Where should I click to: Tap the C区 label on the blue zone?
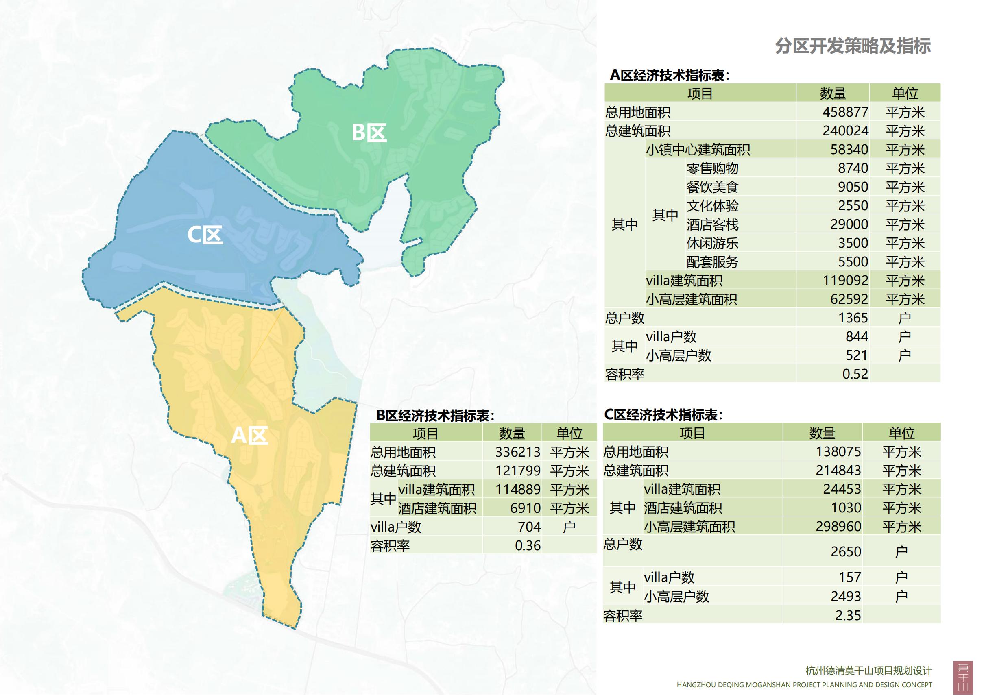click(205, 235)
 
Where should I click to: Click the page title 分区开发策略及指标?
click(853, 46)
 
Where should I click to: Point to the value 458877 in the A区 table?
click(845, 112)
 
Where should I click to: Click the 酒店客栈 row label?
click(712, 224)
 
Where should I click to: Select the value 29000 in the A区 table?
click(849, 224)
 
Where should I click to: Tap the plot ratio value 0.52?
click(855, 374)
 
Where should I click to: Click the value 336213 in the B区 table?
click(518, 452)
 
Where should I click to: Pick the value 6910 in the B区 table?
click(525, 508)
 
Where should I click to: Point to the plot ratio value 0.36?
click(528, 545)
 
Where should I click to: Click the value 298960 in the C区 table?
click(838, 527)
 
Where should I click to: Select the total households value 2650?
click(846, 551)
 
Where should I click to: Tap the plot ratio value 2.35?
click(848, 616)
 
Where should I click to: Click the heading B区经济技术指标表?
click(435, 415)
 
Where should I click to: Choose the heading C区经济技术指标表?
click(663, 415)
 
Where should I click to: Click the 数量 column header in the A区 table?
click(833, 94)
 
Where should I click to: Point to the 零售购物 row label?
click(712, 168)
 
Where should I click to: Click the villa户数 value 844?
click(857, 337)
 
